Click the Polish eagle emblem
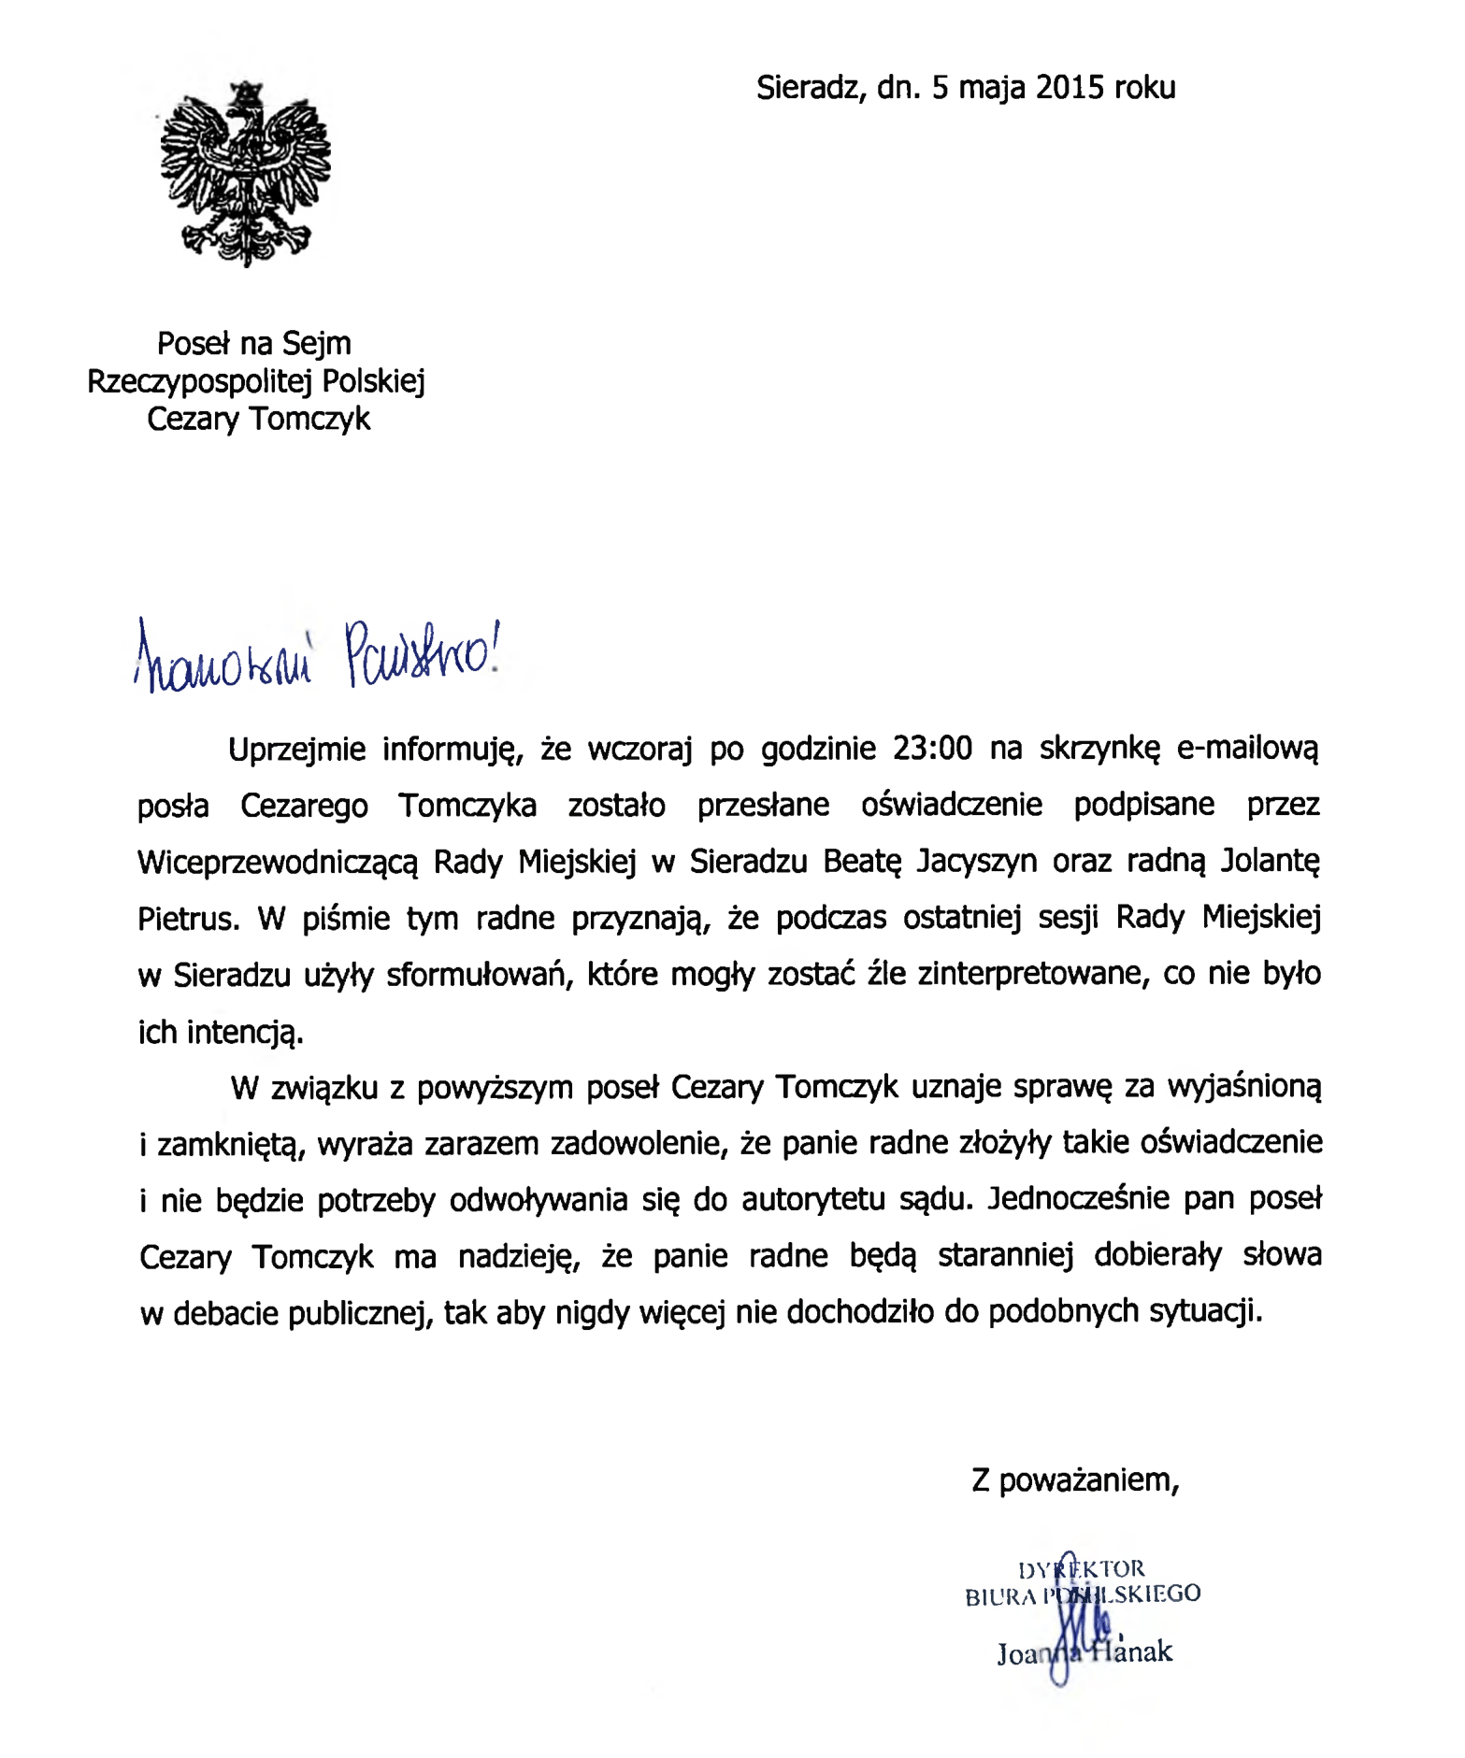(x=246, y=173)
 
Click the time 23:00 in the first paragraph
(x=932, y=749)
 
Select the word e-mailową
(x=1247, y=749)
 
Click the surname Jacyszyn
(x=976, y=861)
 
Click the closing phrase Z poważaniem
(x=1075, y=1480)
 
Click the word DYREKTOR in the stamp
(x=1081, y=1569)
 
